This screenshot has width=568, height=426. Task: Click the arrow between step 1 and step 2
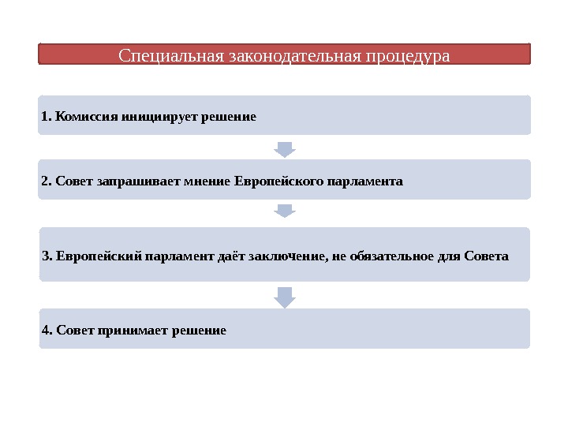tap(285, 148)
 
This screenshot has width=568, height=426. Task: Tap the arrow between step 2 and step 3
tap(285, 211)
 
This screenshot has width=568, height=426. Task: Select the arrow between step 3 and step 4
tap(285, 296)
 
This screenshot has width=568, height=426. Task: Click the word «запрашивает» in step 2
tap(130, 181)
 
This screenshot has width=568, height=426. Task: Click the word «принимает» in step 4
tap(126, 330)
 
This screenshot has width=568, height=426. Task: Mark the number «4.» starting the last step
tap(47, 330)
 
